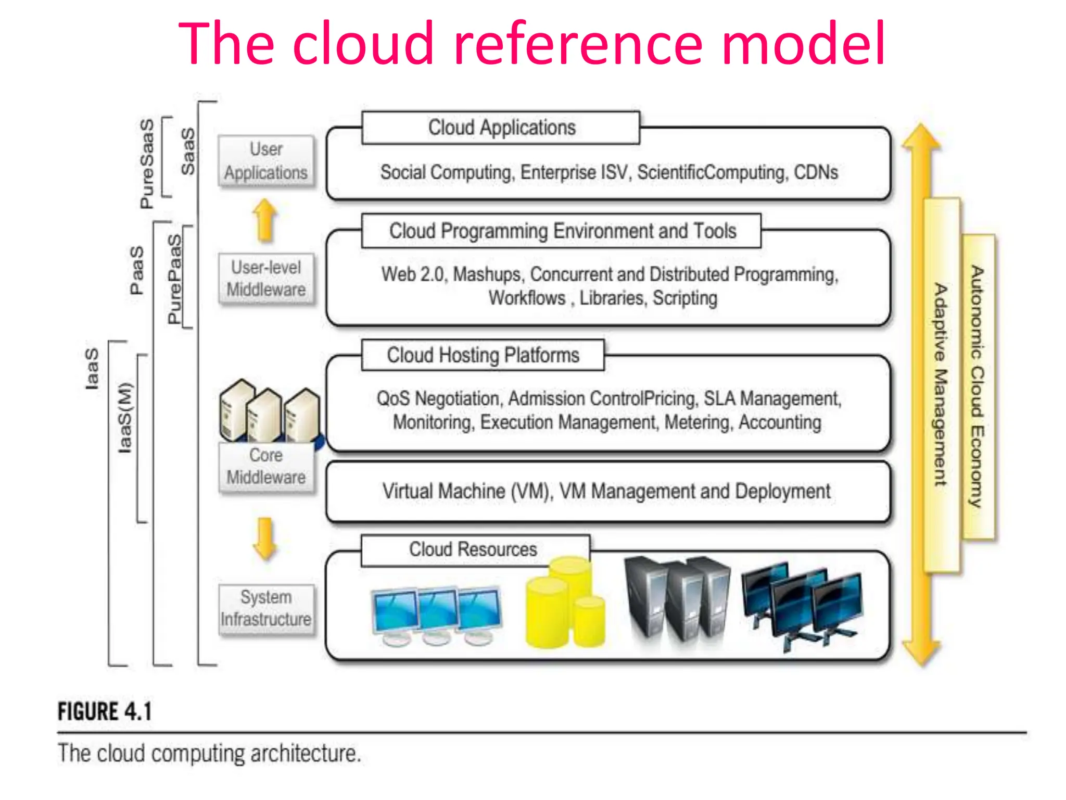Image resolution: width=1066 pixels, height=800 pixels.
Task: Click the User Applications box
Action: pyautogui.click(x=266, y=161)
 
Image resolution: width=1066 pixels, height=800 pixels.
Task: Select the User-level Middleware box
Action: pyautogui.click(x=266, y=279)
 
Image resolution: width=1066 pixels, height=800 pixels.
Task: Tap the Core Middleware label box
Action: pyautogui.click(x=266, y=466)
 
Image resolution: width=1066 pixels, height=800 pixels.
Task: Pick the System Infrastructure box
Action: pyautogui.click(x=266, y=608)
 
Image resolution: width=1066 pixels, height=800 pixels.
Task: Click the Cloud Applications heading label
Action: pyautogui.click(x=501, y=128)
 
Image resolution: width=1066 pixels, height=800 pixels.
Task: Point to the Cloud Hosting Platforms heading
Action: pyautogui.click(x=483, y=355)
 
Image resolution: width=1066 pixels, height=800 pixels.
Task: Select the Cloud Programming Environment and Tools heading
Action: pyautogui.click(x=562, y=231)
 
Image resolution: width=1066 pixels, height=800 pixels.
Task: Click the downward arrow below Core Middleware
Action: pyautogui.click(x=265, y=539)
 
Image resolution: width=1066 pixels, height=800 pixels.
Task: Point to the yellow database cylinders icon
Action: pyautogui.click(x=566, y=603)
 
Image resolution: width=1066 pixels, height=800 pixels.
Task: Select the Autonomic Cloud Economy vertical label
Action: pyautogui.click(x=978, y=386)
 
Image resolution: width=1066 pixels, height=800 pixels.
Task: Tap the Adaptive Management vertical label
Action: pyautogui.click(x=941, y=385)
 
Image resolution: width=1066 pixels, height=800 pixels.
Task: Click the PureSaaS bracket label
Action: pyautogui.click(x=147, y=163)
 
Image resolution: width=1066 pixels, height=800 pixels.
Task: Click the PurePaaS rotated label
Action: pyautogui.click(x=175, y=279)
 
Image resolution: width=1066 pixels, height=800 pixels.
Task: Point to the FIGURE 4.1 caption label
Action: pyautogui.click(x=105, y=711)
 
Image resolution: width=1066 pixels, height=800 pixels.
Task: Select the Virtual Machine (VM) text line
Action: pyautogui.click(x=606, y=491)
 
